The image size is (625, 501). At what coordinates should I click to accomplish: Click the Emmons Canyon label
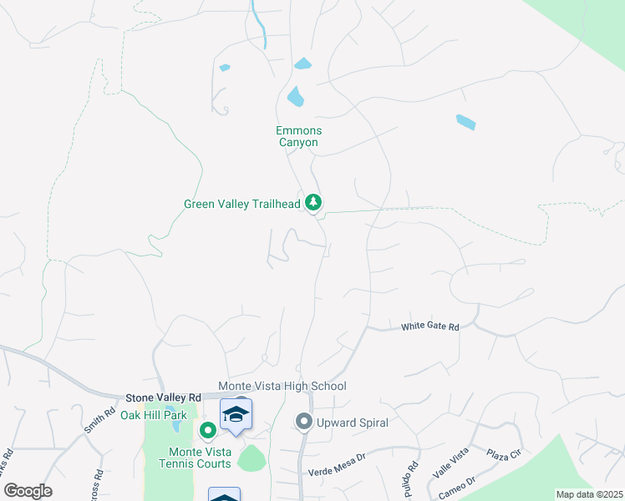point(299,136)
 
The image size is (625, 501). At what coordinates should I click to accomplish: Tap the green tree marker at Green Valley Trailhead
point(313,202)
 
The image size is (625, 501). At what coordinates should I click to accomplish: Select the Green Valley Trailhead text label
point(241,204)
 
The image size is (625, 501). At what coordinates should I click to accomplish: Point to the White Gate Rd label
point(430,326)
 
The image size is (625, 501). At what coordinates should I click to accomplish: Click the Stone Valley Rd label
point(164,398)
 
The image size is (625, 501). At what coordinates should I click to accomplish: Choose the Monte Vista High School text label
point(282,386)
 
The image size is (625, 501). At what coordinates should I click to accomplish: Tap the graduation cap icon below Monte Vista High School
point(236,414)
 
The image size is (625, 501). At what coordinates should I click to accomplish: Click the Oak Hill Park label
point(154,415)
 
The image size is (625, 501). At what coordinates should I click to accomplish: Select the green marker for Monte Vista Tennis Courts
point(208,430)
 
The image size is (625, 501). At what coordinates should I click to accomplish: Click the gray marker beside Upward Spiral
point(304,423)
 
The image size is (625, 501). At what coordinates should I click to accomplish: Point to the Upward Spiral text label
point(352,423)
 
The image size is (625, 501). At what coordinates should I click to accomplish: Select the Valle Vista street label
point(450,465)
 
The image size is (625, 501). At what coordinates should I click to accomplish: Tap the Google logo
point(28,491)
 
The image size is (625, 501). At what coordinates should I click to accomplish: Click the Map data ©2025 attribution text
point(589,494)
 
